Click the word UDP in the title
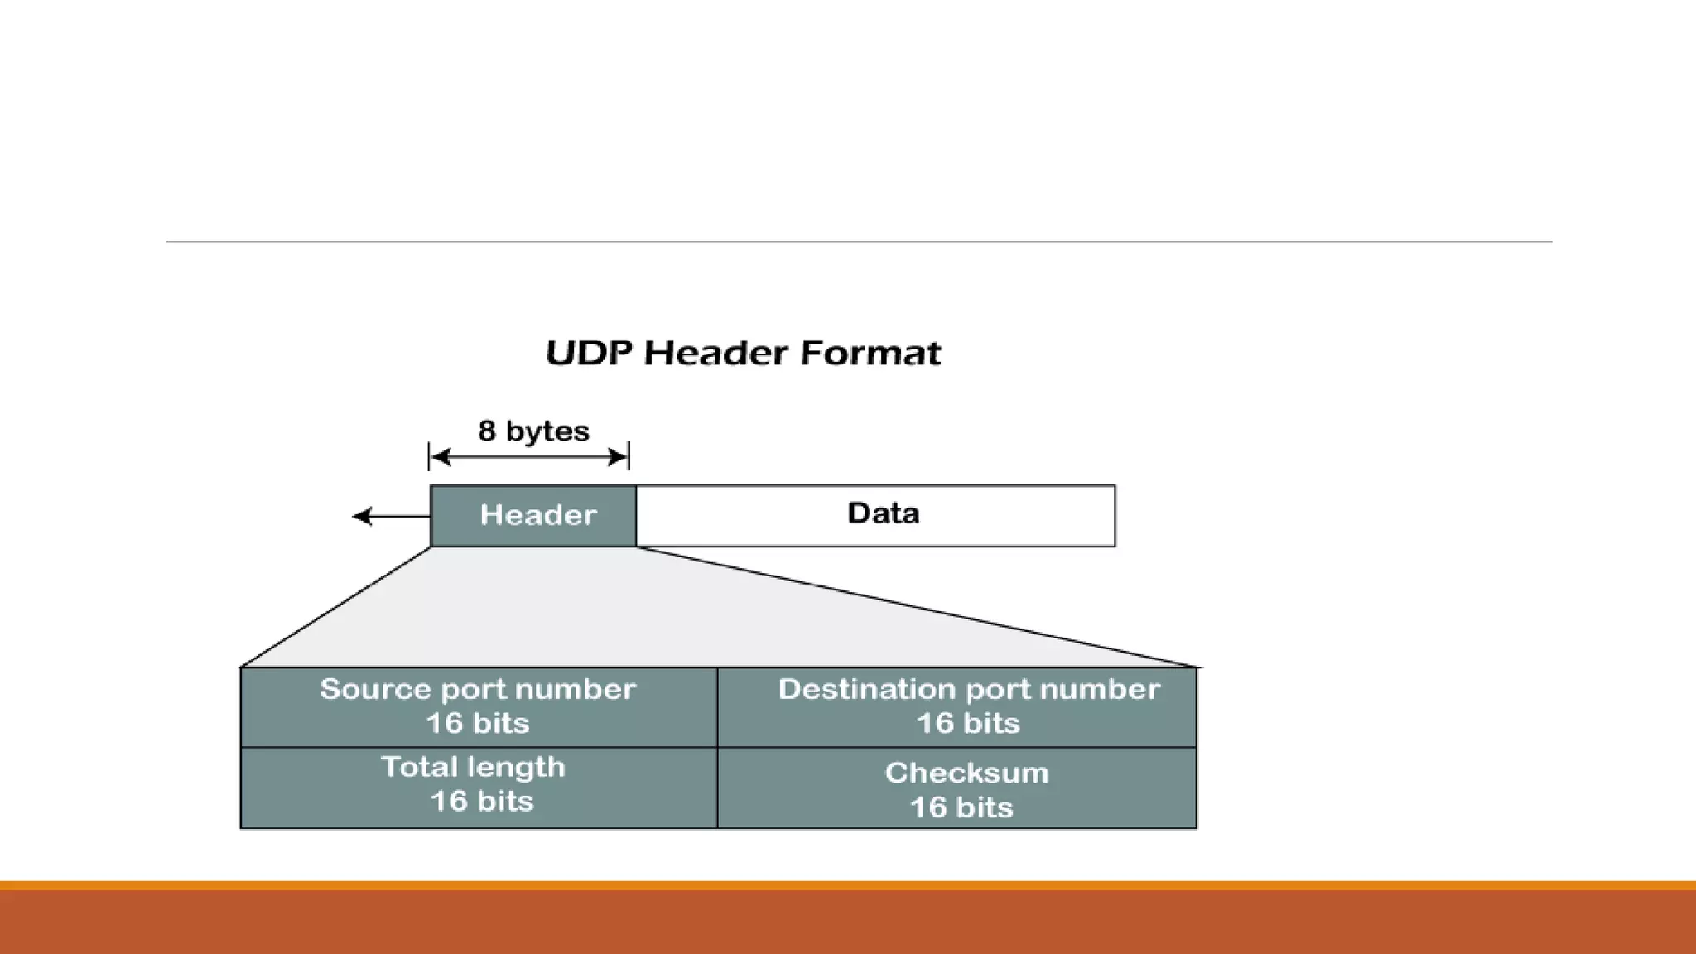[589, 354]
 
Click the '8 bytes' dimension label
[533, 431]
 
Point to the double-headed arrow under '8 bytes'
[529, 457]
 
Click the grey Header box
[533, 515]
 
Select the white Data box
[875, 515]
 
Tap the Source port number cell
[479, 706]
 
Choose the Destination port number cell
[956, 706]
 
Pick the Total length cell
[479, 787]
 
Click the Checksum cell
[956, 787]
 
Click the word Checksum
[966, 773]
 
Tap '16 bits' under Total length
[482, 802]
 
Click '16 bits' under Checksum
[961, 807]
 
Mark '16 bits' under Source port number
[477, 724]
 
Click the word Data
[883, 513]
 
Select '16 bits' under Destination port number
[967, 724]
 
